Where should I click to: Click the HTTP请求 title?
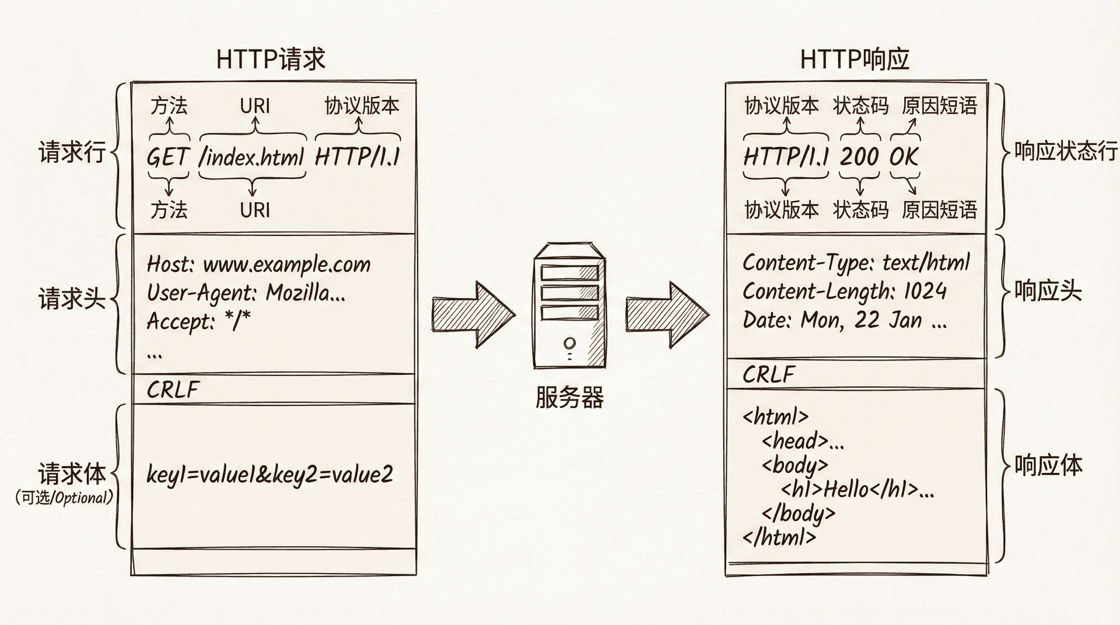click(271, 59)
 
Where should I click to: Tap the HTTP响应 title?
click(855, 59)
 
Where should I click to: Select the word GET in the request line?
click(168, 157)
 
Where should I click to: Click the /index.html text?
click(252, 157)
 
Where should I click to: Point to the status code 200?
click(859, 156)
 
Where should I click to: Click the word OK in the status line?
click(904, 156)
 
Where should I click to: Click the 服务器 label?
click(569, 398)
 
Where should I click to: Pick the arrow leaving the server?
click(667, 315)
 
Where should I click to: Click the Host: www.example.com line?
click(258, 265)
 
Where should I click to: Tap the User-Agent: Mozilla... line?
click(246, 293)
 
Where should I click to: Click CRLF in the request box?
click(173, 389)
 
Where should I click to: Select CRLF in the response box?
click(769, 374)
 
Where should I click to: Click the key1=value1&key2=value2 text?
click(269, 475)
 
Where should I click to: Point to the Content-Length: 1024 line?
click(844, 291)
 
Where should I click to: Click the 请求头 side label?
click(72, 299)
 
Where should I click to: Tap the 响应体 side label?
click(1048, 465)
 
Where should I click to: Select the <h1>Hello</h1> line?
click(857, 489)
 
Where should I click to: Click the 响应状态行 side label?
click(1065, 151)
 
